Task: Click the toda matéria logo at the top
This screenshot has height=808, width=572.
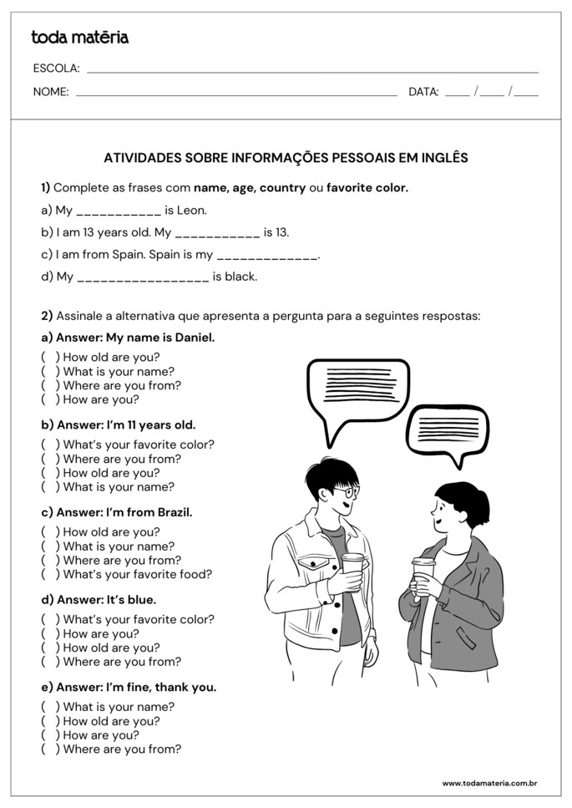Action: (79, 38)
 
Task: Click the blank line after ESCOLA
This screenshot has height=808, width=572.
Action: (312, 72)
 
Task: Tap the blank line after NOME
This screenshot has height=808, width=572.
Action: (236, 95)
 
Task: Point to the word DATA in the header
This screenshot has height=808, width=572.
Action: (423, 92)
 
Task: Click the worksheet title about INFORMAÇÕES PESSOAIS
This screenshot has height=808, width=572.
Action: (286, 157)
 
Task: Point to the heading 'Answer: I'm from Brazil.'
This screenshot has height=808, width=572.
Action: (116, 512)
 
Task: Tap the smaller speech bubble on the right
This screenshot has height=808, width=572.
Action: (447, 427)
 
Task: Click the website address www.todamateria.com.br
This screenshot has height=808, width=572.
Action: (489, 783)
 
